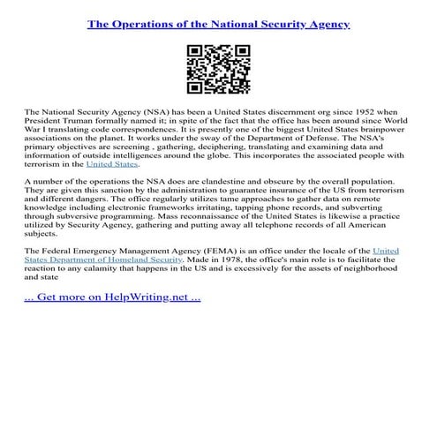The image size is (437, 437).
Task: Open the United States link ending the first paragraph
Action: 112,164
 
